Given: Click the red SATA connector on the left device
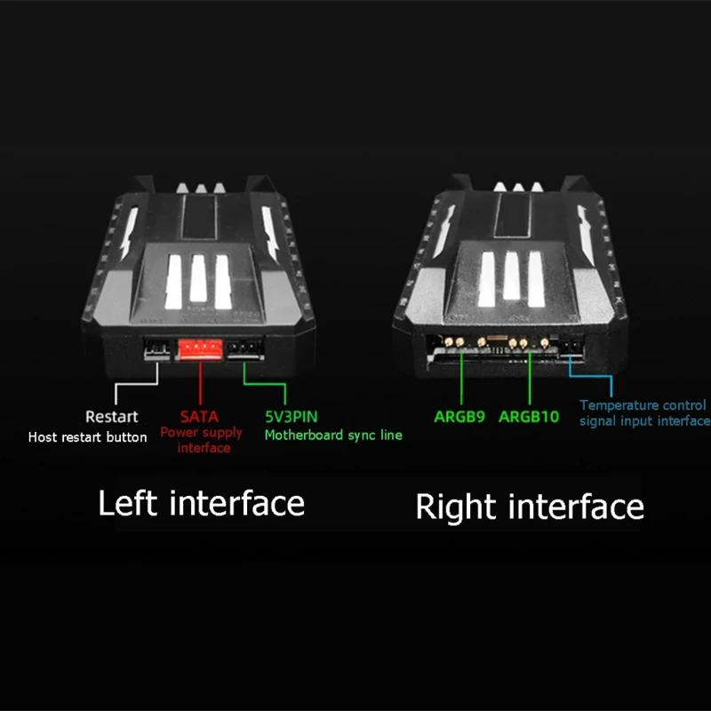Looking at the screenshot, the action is coord(200,349).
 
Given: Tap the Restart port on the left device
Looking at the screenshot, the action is coord(157,350).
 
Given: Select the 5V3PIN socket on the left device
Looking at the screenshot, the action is coord(245,349).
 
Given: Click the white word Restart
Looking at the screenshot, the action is coord(112,417).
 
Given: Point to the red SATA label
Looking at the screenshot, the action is coord(199,417).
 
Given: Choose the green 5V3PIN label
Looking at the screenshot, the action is coord(292,417).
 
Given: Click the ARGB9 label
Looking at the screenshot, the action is coord(459,417).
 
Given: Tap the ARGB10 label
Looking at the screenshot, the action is coord(529,417).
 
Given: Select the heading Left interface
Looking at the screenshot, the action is coord(202,503).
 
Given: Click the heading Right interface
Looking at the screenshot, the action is coord(530,507).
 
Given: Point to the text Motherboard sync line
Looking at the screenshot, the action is coord(333,435).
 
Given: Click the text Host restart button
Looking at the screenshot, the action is coord(87,437).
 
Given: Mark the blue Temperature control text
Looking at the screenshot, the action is coord(643,405).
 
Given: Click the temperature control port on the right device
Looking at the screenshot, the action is coord(572,348).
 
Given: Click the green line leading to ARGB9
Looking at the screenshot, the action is coord(461,377).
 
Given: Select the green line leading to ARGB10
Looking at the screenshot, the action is coord(529,377).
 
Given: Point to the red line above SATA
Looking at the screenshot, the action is coord(200,383).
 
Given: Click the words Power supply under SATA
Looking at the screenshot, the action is coord(201,433).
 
